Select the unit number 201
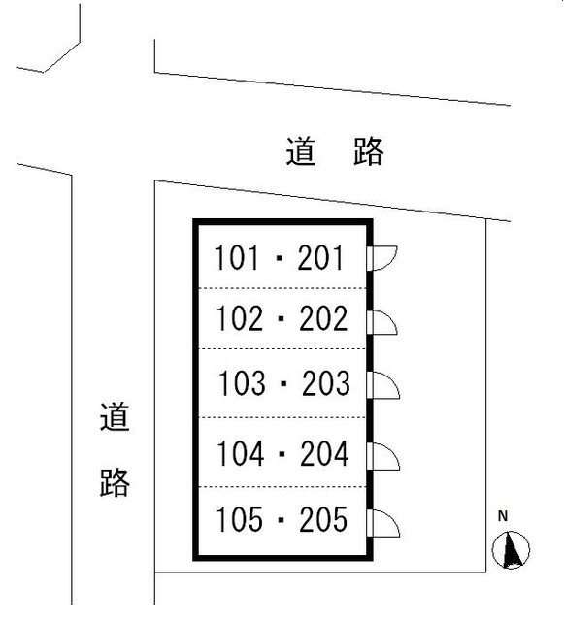[x=320, y=257]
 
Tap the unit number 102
[x=239, y=318]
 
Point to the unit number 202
[x=323, y=318]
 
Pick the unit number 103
[x=242, y=383]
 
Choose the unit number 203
[x=326, y=383]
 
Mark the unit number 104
[x=240, y=453]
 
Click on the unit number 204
[x=324, y=453]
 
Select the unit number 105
[x=239, y=519]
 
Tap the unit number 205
[x=323, y=519]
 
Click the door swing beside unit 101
[x=382, y=258]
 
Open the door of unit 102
[x=382, y=323]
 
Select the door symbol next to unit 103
[x=382, y=385]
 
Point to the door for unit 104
[x=382, y=456]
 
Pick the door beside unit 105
[x=382, y=523]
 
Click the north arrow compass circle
[x=511, y=550]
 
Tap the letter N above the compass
[x=503, y=516]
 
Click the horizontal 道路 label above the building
[x=335, y=151]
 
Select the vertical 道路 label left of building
[x=115, y=449]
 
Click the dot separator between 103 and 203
[x=283, y=384]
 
